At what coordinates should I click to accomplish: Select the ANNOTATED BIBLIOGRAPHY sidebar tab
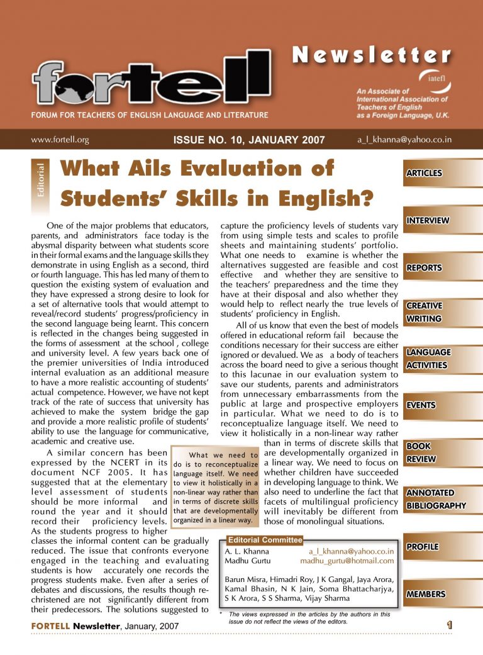click(435, 499)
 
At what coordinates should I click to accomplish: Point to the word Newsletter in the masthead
click(372, 56)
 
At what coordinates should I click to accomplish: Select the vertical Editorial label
click(40, 182)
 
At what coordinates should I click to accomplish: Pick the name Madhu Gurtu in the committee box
click(241, 561)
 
